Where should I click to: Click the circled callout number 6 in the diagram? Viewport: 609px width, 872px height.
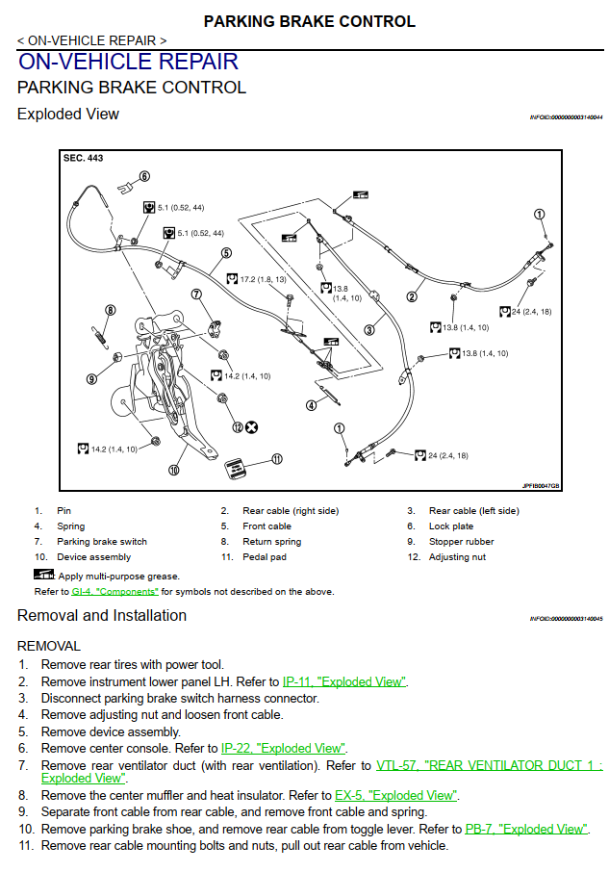point(144,176)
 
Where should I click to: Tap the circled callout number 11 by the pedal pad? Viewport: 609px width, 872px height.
point(277,459)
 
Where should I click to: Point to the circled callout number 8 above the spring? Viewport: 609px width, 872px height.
point(111,310)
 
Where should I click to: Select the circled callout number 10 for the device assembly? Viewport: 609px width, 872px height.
point(174,471)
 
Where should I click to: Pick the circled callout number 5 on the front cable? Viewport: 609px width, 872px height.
point(226,254)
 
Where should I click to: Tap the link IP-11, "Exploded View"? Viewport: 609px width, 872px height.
point(344,681)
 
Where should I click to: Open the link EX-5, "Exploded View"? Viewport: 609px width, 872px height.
point(395,795)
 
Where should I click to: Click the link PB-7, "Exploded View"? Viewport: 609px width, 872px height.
point(525,828)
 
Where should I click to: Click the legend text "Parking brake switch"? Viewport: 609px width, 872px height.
point(102,541)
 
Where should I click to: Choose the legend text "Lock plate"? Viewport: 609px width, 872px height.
point(451,526)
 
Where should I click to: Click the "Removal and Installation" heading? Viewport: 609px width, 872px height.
point(102,615)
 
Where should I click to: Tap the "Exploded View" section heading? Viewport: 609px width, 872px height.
point(68,114)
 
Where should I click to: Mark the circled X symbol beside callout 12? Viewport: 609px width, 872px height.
point(252,426)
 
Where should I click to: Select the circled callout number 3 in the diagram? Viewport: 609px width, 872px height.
point(368,330)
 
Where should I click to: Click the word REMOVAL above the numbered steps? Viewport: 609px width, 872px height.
point(49,646)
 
